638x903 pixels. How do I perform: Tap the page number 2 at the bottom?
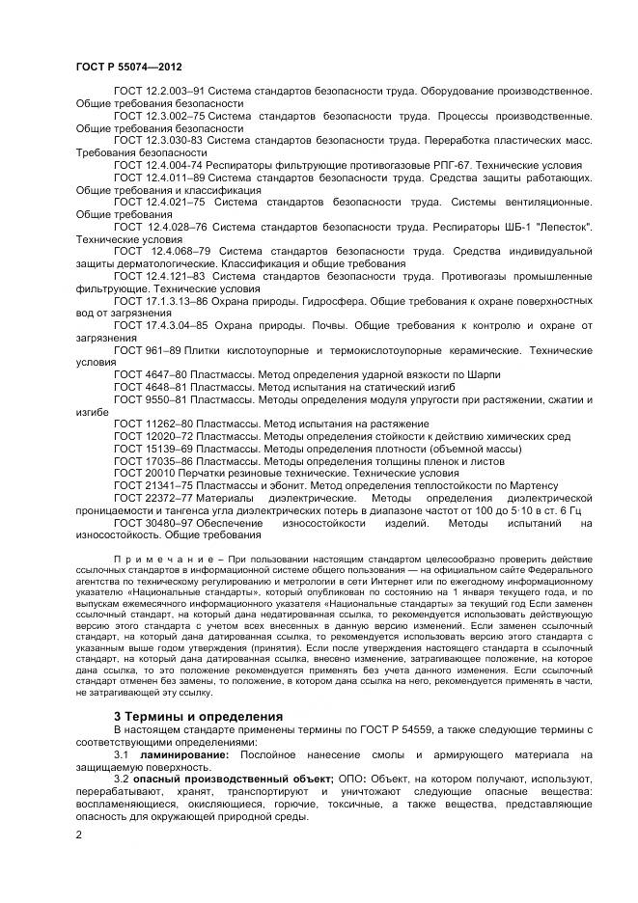78,834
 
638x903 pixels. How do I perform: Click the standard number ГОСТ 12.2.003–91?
158,91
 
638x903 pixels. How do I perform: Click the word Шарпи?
483,373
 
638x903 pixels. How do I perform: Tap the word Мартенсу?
530,485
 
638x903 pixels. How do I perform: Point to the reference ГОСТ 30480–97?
150,523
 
